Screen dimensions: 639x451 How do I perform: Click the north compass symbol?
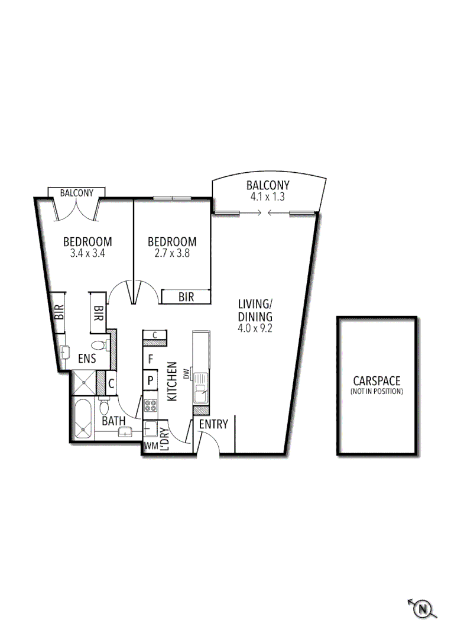[x=423, y=608]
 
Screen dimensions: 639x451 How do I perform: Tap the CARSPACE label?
[x=377, y=381]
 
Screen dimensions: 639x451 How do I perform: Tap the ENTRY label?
[x=213, y=424]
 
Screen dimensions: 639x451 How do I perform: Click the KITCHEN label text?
[x=173, y=382]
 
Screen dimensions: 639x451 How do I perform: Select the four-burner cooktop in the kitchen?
[x=151, y=406]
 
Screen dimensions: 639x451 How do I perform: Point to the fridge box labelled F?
[x=151, y=359]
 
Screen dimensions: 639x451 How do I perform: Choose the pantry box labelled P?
[x=151, y=380]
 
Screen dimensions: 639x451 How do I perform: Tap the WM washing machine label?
[x=151, y=446]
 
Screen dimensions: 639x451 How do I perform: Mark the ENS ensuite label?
[x=87, y=358]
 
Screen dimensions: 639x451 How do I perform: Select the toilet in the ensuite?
[x=98, y=345]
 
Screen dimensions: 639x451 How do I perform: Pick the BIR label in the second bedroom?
[x=186, y=297]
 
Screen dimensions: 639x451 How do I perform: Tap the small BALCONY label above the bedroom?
[x=76, y=193]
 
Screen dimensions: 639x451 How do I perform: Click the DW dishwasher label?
[x=186, y=374]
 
